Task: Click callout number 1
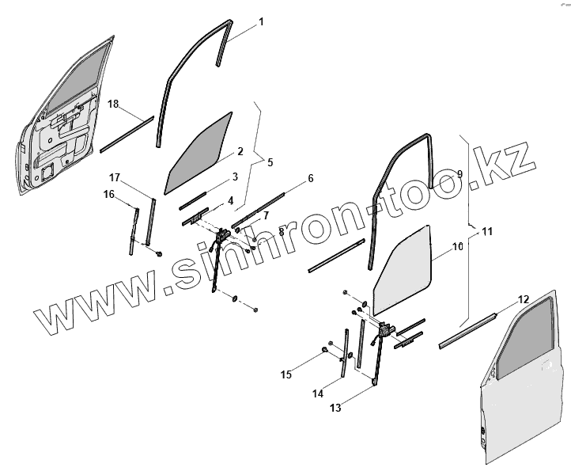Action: click(261, 22)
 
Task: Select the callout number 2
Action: click(240, 151)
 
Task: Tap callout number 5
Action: click(270, 163)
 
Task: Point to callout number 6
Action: click(311, 179)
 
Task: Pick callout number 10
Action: click(457, 247)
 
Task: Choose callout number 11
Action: click(487, 232)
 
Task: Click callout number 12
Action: click(523, 299)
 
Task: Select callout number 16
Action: click(109, 194)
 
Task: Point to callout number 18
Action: click(113, 104)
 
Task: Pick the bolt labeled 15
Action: click(326, 350)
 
